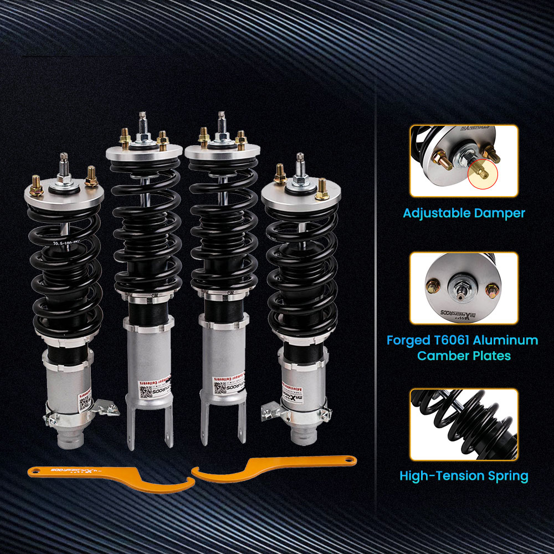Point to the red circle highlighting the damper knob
[482, 173]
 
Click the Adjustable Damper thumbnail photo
[464, 161]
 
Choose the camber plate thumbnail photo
[464, 288]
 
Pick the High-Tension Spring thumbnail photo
[464, 424]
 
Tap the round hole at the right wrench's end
[348, 459]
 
